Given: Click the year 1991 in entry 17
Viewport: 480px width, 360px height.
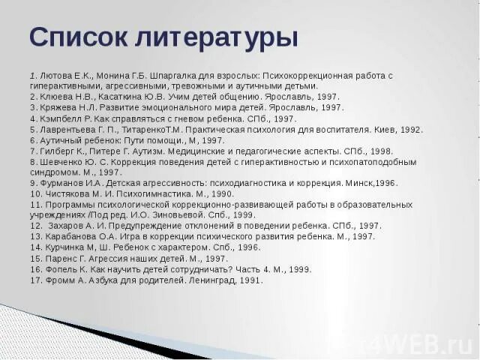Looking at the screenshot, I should click(x=252, y=280).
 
